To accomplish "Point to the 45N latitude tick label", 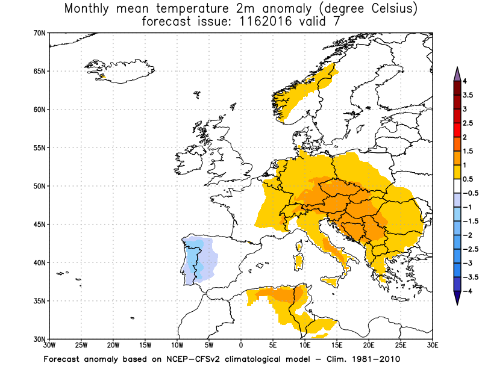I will tap(40, 224).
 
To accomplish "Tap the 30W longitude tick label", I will tap(49, 346).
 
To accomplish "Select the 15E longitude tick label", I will tap(336, 346).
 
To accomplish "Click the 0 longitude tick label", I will tap(241, 346).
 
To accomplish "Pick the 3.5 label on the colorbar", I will tap(468, 95).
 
